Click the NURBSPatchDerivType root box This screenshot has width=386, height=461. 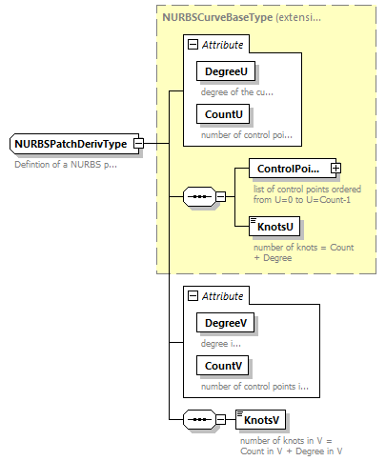[x=71, y=144]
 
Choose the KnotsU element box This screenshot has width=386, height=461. [x=274, y=226]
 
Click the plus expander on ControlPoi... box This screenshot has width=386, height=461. [x=335, y=169]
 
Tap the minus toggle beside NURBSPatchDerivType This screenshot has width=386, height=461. [x=139, y=144]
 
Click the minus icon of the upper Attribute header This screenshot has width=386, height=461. [x=193, y=44]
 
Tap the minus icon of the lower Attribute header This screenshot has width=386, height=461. [x=193, y=296]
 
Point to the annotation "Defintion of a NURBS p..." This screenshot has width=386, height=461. [x=66, y=165]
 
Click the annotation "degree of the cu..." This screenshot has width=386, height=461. [x=236, y=92]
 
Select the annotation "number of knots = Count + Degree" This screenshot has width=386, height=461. [x=297, y=252]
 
